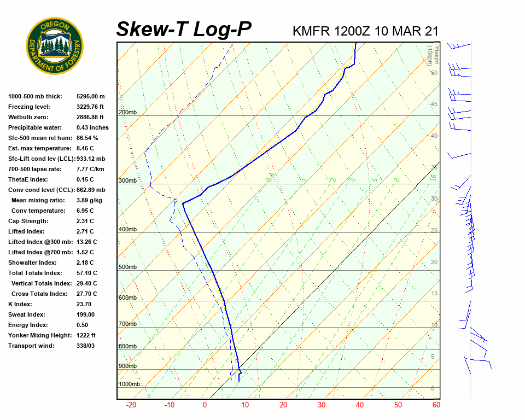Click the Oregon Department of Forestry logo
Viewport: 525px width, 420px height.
[55, 45]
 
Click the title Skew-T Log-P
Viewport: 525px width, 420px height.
[184, 29]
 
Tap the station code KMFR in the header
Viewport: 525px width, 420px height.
[311, 31]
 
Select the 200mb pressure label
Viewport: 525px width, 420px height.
[127, 113]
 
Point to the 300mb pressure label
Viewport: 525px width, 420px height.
[127, 181]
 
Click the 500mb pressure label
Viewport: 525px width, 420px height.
[127, 267]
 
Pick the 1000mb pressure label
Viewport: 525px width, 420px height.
[129, 384]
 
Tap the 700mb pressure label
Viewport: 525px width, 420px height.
[127, 324]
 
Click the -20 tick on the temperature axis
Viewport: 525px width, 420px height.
[131, 405]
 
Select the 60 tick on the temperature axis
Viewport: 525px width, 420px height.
[436, 405]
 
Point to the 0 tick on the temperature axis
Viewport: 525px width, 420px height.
[205, 405]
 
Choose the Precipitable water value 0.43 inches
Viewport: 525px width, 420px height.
[92, 127]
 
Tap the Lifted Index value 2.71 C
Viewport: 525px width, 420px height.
[86, 231]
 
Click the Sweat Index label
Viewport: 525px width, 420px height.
[27, 314]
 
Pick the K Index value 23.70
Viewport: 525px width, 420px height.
[84, 304]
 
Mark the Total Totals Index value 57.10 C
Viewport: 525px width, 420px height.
[86, 273]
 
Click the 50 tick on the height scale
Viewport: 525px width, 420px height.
[434, 73]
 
